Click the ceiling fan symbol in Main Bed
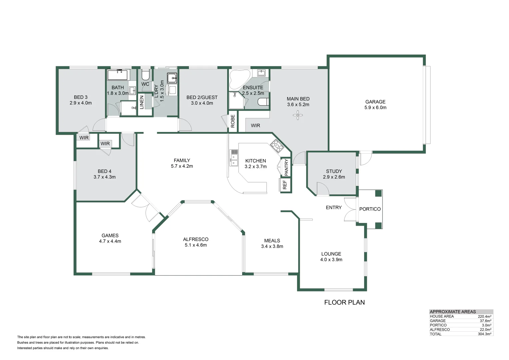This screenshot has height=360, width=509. tap(298, 115)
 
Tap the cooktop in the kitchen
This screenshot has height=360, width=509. tap(277, 146)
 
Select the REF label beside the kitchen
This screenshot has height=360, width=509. tap(285, 185)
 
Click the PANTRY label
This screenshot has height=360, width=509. tap(286, 167)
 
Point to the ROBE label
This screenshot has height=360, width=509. tap(233, 121)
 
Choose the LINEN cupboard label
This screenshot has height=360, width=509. tap(141, 102)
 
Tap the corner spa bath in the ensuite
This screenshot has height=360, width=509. tap(239, 79)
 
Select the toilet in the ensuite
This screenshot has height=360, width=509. tap(263, 102)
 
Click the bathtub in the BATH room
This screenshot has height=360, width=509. tap(119, 75)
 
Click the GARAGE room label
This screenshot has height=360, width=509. tap(375, 102)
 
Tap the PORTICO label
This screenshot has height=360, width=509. tap(370, 209)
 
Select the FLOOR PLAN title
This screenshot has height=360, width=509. tap(344, 302)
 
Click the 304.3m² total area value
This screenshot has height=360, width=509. tap(484, 334)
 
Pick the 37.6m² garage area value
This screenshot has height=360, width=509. tap(486, 321)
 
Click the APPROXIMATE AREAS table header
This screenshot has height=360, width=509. tap(453, 312)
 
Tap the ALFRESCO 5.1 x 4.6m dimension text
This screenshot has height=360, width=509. tap(196, 245)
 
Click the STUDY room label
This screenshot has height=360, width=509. tap(334, 171)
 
